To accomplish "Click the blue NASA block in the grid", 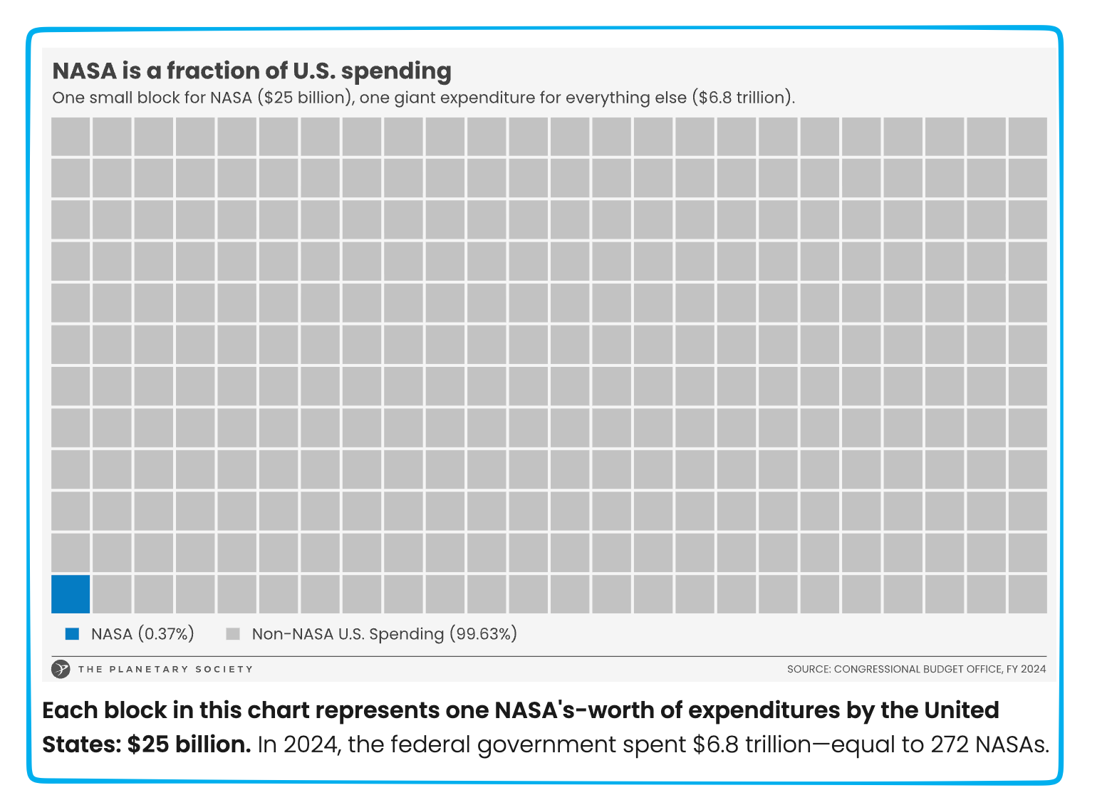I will coord(71,593).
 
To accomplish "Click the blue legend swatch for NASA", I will coord(72,634).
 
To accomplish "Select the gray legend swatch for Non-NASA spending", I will coord(232,634).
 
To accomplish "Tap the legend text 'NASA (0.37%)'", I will coord(142,634).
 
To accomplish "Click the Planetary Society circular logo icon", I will coord(61,669).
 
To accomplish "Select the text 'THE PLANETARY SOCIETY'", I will coord(165,669).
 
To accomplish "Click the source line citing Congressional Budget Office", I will coord(916,669).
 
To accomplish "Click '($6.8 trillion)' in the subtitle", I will coord(743,98).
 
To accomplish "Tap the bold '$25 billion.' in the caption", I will coord(189,744).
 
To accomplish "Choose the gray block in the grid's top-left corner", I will coord(71,136).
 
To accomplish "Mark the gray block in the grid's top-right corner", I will coord(1027,136).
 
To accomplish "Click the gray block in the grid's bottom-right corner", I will coord(1027,593).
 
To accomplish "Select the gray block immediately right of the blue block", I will coord(112,593).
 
